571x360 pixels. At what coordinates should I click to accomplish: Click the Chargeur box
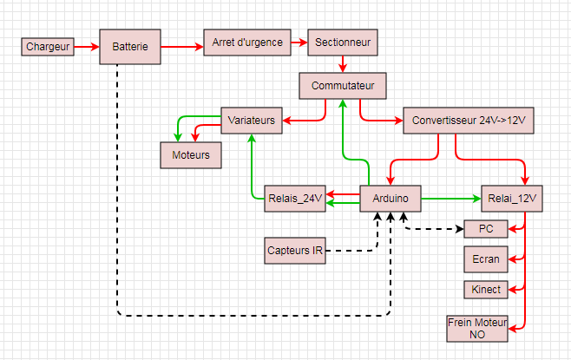click(48, 46)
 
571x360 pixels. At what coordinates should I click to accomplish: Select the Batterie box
click(130, 46)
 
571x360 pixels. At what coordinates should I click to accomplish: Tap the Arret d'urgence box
click(247, 42)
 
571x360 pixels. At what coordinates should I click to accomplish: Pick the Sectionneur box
click(343, 42)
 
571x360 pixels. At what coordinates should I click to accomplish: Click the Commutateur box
click(343, 86)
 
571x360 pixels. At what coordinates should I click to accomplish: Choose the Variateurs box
click(252, 121)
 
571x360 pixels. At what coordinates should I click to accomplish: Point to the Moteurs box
click(191, 154)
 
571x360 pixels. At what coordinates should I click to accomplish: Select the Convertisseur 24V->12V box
click(469, 121)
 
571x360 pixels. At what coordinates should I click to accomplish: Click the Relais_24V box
click(294, 199)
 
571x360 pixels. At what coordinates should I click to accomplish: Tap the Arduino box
click(391, 199)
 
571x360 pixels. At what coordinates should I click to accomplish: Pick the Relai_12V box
click(512, 199)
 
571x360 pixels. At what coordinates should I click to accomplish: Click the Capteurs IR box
click(295, 251)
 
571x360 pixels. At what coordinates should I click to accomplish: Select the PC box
click(486, 229)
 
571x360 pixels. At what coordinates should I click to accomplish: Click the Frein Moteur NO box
click(477, 328)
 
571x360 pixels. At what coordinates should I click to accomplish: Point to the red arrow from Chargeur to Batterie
click(87, 46)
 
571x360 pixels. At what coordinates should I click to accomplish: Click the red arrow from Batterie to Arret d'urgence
click(181, 46)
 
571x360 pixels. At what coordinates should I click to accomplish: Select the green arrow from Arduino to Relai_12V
click(451, 199)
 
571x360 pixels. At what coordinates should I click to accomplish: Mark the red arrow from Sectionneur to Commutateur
click(344, 63)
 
